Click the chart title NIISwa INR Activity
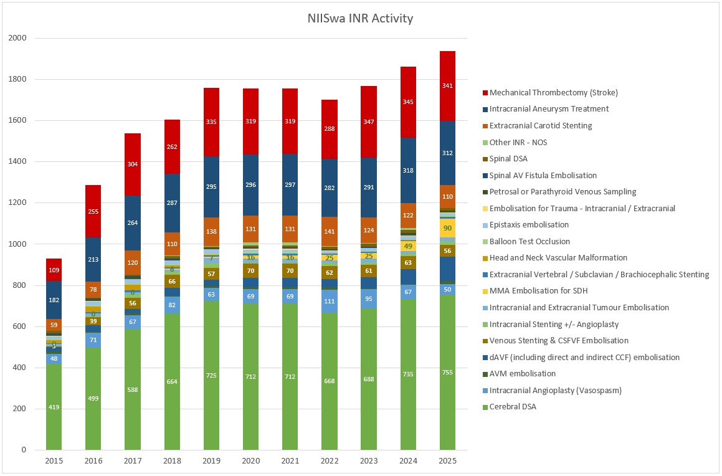[360, 18]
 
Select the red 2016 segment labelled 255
[93, 211]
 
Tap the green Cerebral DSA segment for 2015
[54, 407]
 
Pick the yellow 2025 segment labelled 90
[447, 228]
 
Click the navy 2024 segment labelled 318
[408, 170]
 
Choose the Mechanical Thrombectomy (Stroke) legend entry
[553, 93]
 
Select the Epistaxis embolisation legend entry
[529, 225]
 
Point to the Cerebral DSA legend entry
[513, 407]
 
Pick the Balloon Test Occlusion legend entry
[530, 242]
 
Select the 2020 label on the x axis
[250, 461]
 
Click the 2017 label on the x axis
[132, 461]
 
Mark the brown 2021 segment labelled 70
[290, 271]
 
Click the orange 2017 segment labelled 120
[132, 263]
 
